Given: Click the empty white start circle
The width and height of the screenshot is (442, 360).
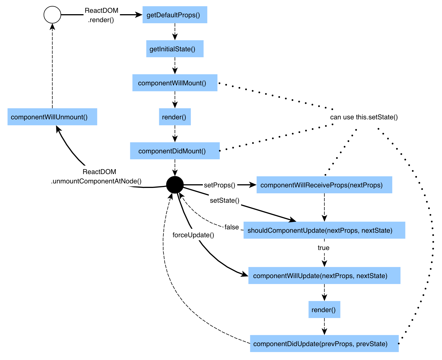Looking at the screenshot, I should (x=52, y=15).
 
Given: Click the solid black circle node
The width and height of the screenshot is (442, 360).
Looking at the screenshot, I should (x=175, y=185).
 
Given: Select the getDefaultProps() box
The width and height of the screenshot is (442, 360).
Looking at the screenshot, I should (x=175, y=15).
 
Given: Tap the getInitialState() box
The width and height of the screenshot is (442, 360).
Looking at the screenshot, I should (x=175, y=49).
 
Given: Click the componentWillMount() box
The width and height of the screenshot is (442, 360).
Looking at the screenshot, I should (x=175, y=83).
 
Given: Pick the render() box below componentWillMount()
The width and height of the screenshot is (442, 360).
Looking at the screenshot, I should (x=175, y=117).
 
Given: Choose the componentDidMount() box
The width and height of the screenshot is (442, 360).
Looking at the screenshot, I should (x=175, y=151).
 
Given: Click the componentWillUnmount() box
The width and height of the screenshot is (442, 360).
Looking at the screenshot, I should (x=52, y=117).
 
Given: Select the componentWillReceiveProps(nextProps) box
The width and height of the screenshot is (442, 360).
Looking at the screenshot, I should (x=324, y=185).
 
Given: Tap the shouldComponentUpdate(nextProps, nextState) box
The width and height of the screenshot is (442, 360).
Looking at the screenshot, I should (x=324, y=230).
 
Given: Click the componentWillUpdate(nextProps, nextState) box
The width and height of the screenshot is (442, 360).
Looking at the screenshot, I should (x=324, y=276).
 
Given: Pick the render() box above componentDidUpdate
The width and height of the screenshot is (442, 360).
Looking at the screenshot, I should (x=324, y=310).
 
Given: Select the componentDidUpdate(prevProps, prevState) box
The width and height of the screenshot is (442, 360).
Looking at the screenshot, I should (x=324, y=344).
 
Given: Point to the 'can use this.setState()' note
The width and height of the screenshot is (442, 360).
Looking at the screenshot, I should (x=364, y=117).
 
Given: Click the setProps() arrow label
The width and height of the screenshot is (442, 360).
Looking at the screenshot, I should (x=220, y=185).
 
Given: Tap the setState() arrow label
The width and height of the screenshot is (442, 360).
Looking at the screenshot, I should (x=225, y=200).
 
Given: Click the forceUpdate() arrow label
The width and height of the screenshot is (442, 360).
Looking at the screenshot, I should (x=193, y=235).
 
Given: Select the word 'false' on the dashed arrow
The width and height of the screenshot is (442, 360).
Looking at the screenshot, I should (x=232, y=227).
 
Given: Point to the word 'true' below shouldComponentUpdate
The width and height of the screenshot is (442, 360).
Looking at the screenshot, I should (x=323, y=248).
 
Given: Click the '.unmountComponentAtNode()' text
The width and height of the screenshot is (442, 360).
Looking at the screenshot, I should (x=96, y=181).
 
